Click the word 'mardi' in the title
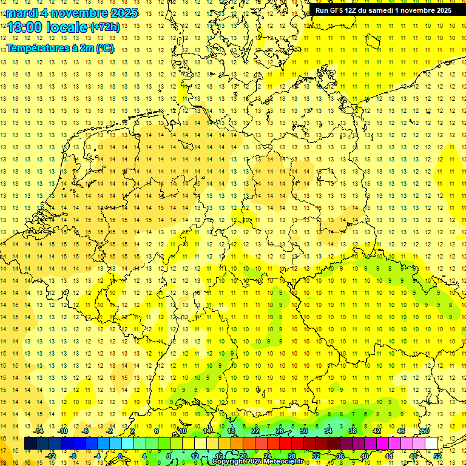click(21, 13)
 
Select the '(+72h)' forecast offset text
click(105, 27)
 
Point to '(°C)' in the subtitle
click(104, 49)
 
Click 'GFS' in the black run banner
click(339, 10)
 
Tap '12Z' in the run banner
click(356, 10)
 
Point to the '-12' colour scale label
click(50, 456)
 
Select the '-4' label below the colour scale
click(97, 456)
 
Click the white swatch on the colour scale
click(431, 444)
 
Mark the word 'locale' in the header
click(67, 27)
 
